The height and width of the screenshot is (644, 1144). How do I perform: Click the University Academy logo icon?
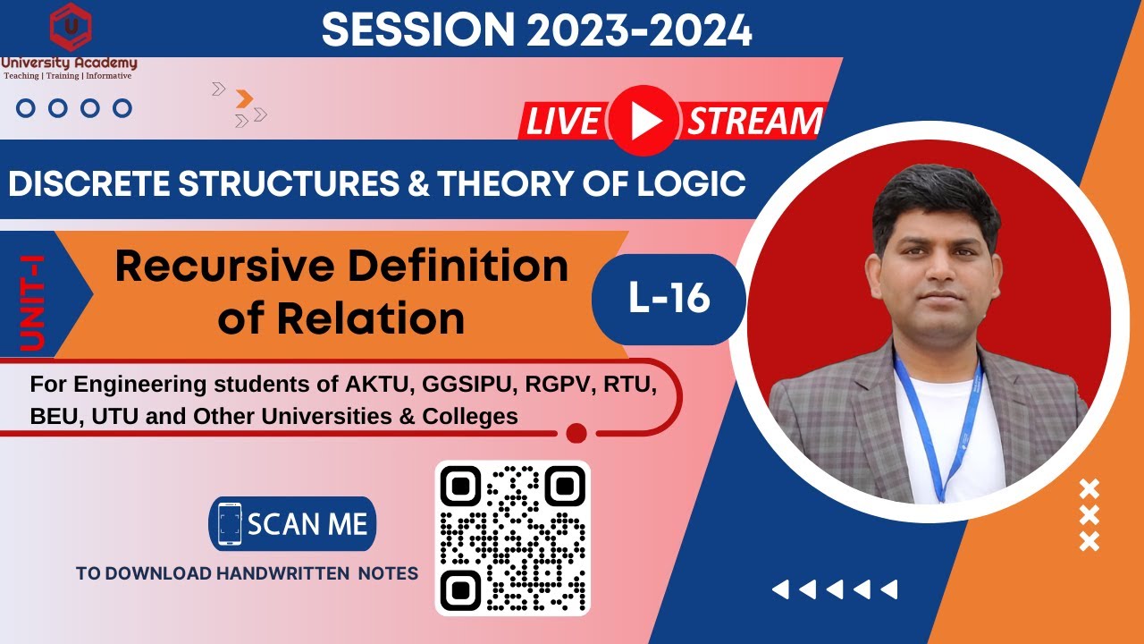[70, 27]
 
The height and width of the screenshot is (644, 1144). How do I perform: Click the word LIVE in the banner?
[562, 122]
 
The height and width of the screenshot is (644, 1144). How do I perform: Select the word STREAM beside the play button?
[753, 122]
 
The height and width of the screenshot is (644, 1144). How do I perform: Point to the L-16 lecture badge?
[669, 298]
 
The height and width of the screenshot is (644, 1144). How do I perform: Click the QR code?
[512, 538]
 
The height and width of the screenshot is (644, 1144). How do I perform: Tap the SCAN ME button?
[292, 523]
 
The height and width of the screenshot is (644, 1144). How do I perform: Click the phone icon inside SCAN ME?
[229, 523]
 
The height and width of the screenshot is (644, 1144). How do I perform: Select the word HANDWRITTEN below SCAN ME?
[283, 573]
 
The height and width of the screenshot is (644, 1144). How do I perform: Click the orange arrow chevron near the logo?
[244, 99]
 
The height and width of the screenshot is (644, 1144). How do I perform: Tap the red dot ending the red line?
[576, 434]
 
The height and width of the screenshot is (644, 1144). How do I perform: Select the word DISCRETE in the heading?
[87, 183]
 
